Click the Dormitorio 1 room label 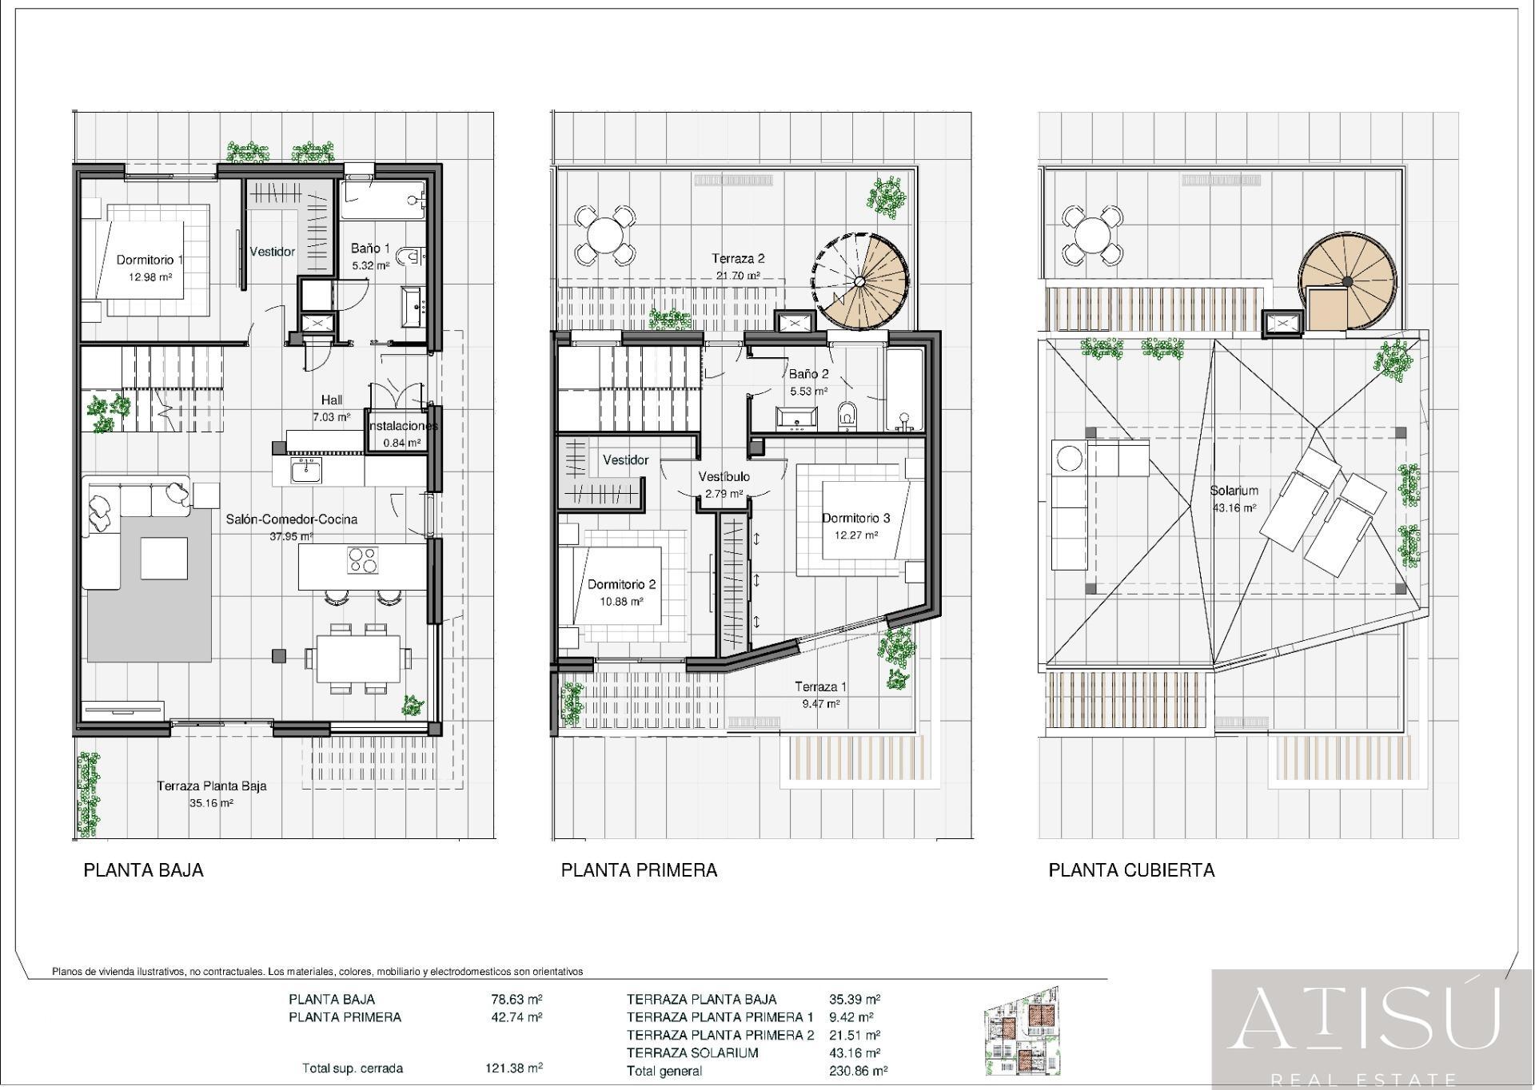click(x=150, y=260)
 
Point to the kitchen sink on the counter click(x=306, y=471)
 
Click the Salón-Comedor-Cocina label click(x=292, y=519)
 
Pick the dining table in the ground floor click(x=358, y=658)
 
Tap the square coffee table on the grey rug click(x=164, y=558)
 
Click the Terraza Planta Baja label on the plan click(x=212, y=786)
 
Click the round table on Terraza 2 click(x=605, y=235)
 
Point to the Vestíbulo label click(x=724, y=477)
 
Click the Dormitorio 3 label click(x=856, y=518)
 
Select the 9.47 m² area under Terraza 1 click(x=821, y=704)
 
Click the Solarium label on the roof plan click(x=1234, y=491)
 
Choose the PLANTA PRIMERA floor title click(x=639, y=870)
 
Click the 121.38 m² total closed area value click(x=514, y=1068)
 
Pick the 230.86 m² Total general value click(x=859, y=1071)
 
